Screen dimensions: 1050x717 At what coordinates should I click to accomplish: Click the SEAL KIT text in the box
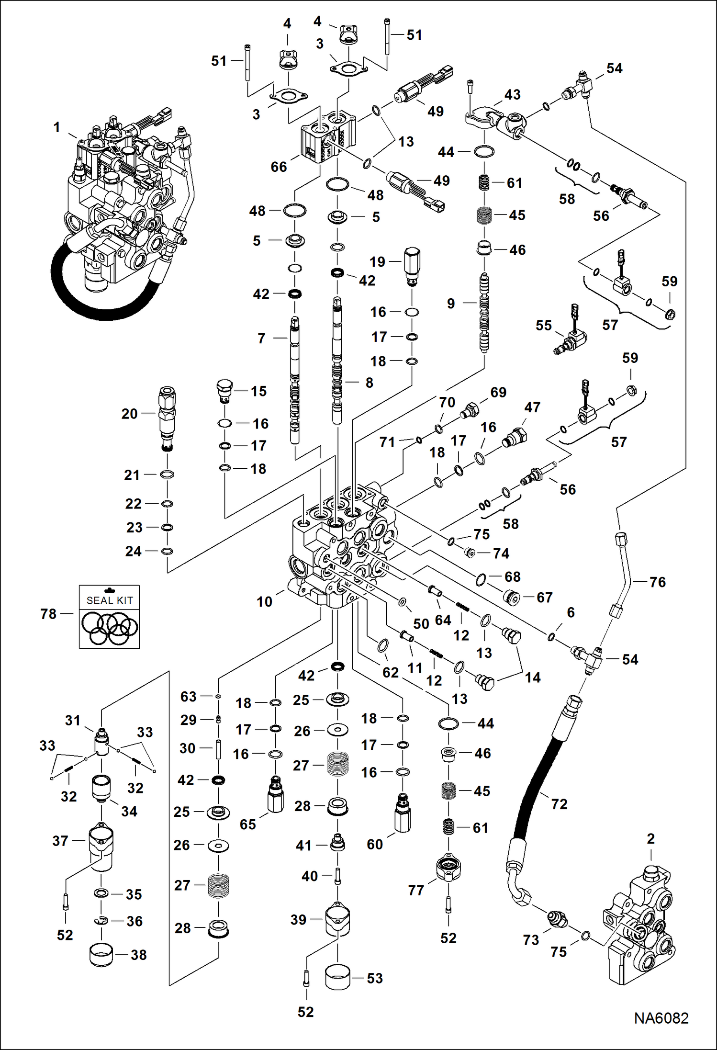pyautogui.click(x=110, y=600)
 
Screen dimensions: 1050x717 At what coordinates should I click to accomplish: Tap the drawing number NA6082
pyautogui.click(x=661, y=1018)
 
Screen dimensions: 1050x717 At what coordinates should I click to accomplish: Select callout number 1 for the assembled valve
pyautogui.click(x=57, y=127)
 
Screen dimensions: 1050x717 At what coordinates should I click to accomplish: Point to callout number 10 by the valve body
pyautogui.click(x=264, y=602)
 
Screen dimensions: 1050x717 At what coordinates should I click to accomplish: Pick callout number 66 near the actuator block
pyautogui.click(x=279, y=167)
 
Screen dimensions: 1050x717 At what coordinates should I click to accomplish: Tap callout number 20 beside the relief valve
pyautogui.click(x=129, y=414)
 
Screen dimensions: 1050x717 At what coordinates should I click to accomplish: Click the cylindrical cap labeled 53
pyautogui.click(x=337, y=977)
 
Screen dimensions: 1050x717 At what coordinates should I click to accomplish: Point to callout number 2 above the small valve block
pyautogui.click(x=650, y=839)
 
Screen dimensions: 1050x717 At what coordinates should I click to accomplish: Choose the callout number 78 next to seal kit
pyautogui.click(x=48, y=614)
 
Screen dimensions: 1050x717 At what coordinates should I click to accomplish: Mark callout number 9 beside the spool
pyautogui.click(x=450, y=304)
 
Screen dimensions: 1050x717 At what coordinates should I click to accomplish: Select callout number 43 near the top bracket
pyautogui.click(x=512, y=95)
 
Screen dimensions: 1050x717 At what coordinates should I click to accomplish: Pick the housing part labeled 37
pyautogui.click(x=101, y=846)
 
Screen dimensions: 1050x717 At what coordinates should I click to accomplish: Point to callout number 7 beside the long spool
pyautogui.click(x=261, y=339)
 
